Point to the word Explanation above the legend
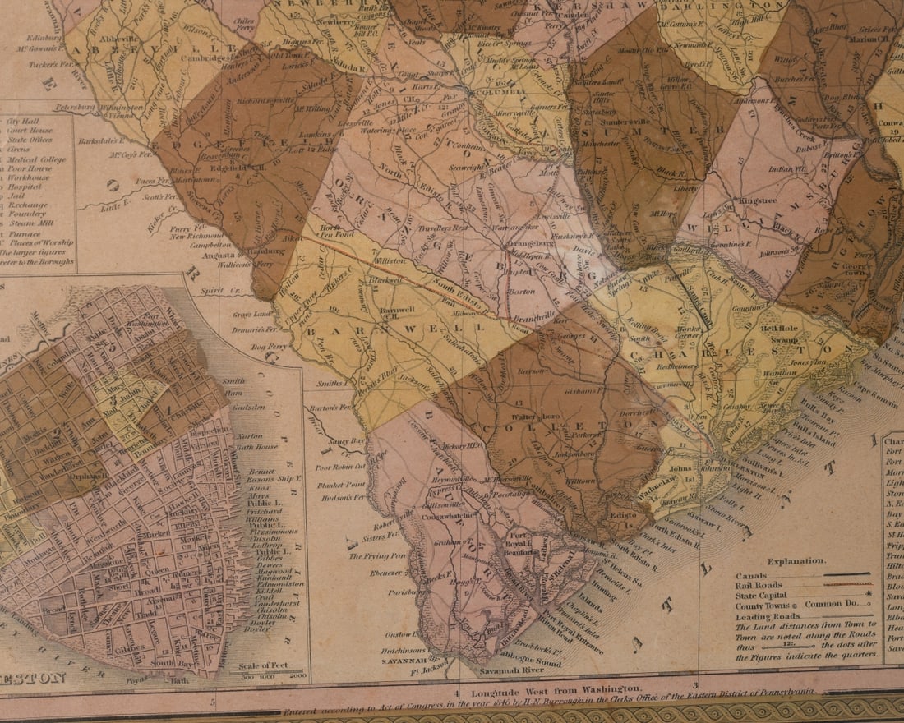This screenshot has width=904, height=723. (796, 561)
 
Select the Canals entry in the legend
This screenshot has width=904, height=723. (752, 575)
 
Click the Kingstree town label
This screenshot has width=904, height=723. (757, 200)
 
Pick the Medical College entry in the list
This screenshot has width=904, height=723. (39, 159)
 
